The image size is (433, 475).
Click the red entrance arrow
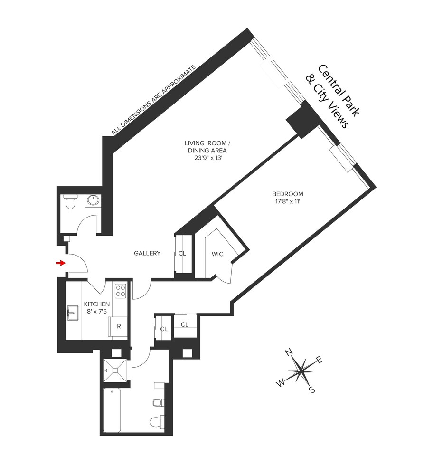[60, 263]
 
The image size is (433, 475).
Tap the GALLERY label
[147, 253]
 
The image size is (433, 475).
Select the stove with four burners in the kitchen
[121, 290]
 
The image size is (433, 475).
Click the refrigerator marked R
[119, 327]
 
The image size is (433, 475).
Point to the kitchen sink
[73, 313]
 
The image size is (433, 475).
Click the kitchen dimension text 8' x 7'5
[97, 312]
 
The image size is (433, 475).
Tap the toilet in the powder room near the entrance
[69, 202]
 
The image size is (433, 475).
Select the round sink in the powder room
[92, 201]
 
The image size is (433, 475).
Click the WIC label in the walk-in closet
[217, 254]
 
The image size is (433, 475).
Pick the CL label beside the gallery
[182, 254]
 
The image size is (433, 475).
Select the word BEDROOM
[287, 194]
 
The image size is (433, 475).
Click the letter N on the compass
[288, 352]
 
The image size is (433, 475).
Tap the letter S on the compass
[312, 390]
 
